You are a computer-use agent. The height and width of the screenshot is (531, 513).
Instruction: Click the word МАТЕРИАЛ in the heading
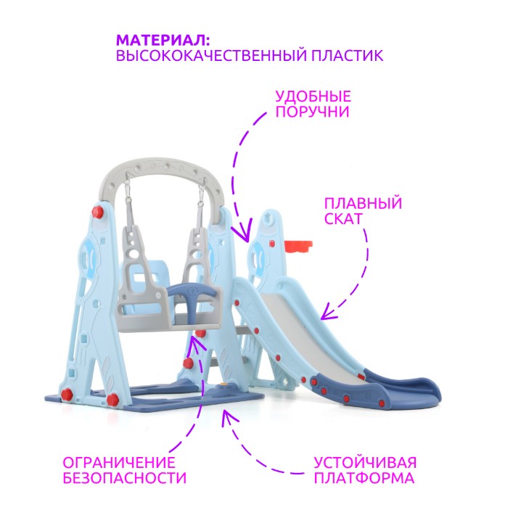[x=160, y=41]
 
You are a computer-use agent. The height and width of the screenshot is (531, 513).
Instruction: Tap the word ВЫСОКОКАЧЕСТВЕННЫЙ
[x=211, y=56]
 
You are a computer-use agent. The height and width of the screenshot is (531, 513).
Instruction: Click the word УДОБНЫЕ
[x=313, y=96]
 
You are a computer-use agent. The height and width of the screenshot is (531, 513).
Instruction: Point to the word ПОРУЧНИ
[x=312, y=112]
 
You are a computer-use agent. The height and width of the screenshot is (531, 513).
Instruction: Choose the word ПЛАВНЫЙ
[x=363, y=204]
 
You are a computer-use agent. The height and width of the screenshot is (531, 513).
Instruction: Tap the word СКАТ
[x=344, y=218]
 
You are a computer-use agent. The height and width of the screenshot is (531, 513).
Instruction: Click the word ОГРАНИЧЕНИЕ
[x=119, y=462]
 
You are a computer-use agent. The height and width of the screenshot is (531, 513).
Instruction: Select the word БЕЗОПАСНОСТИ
[x=124, y=478]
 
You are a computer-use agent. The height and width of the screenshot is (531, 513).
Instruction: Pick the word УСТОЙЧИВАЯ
[x=364, y=462]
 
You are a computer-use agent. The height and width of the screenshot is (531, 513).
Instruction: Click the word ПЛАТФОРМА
[x=364, y=478]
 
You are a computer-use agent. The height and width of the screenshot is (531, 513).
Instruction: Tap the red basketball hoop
[x=297, y=246]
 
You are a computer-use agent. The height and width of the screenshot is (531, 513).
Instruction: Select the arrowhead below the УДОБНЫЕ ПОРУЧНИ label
[x=245, y=232]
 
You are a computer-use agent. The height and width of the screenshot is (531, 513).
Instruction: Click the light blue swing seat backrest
[x=147, y=284]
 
